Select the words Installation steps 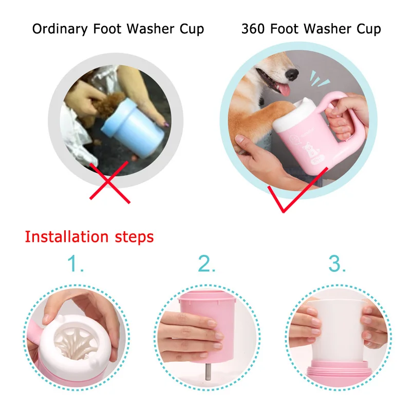(x=89, y=237)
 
